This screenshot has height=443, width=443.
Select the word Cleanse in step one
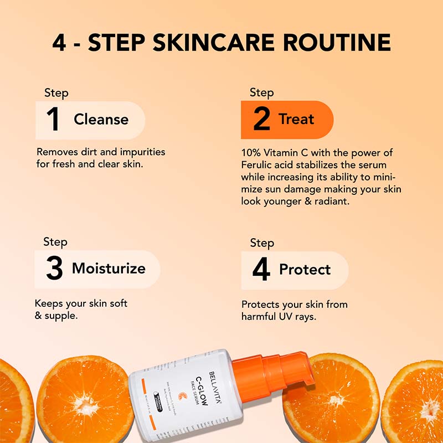(x=101, y=120)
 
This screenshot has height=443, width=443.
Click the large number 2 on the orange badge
(x=261, y=120)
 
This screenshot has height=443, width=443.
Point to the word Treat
(x=296, y=119)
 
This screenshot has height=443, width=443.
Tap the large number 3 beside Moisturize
(x=54, y=269)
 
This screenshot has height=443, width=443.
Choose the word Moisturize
(x=109, y=269)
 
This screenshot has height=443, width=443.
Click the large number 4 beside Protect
(x=261, y=270)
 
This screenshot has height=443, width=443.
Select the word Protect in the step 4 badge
(x=305, y=270)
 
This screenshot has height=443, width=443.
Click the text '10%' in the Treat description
(x=251, y=152)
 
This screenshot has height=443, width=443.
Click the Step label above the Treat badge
(x=261, y=92)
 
